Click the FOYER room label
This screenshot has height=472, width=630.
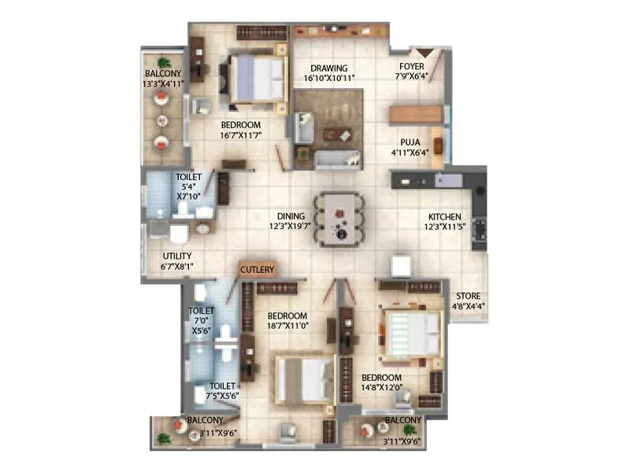[x=413, y=66]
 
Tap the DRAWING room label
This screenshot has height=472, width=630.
[x=329, y=68]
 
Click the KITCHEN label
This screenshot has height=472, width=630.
[x=444, y=217]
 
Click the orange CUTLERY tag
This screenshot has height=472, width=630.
[x=258, y=270]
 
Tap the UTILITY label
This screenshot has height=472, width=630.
[x=177, y=256]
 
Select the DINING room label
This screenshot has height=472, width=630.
[x=291, y=216]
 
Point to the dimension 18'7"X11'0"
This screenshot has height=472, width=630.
[x=287, y=324]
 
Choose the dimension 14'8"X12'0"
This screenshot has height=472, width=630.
[x=383, y=387]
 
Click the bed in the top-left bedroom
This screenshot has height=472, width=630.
[x=257, y=77]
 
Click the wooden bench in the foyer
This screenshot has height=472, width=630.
[x=416, y=113]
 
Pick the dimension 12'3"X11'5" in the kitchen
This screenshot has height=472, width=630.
[x=444, y=227]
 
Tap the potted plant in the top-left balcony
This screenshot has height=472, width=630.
[x=164, y=62]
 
